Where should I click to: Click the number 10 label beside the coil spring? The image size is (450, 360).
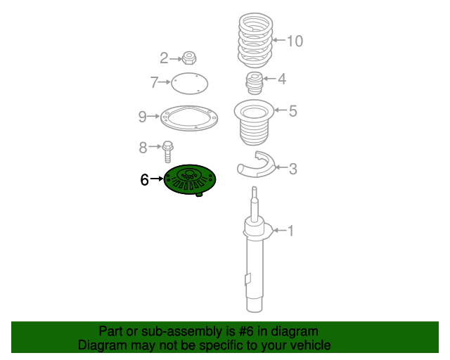(x=294, y=41)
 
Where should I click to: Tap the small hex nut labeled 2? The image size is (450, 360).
(x=188, y=58)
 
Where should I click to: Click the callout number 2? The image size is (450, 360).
(x=164, y=58)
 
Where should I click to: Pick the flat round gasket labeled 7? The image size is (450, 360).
(x=190, y=84)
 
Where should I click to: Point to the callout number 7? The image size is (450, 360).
(x=155, y=83)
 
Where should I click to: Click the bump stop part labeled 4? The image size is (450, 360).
(x=254, y=84)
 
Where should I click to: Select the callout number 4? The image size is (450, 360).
(x=282, y=79)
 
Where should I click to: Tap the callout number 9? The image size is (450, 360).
(x=142, y=116)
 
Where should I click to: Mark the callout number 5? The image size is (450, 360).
(x=293, y=110)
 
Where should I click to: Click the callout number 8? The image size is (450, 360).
(x=143, y=148)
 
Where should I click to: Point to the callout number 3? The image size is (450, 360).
(x=293, y=168)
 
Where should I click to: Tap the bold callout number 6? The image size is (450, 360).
(x=144, y=181)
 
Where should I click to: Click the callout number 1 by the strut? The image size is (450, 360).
(x=290, y=231)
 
